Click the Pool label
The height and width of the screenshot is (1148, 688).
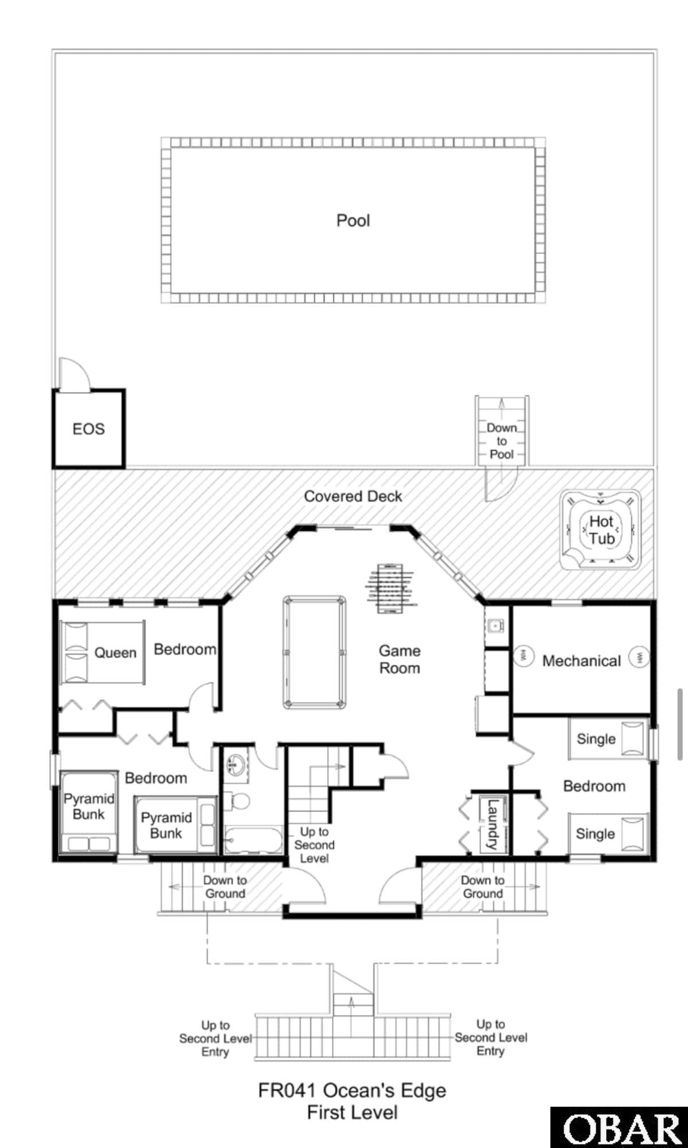[353, 221]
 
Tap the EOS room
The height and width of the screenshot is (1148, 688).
[89, 429]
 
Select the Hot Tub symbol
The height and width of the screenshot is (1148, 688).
[601, 530]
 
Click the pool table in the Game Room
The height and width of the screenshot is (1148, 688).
[315, 652]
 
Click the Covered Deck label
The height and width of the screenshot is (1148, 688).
[353, 496]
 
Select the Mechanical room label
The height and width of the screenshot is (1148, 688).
[581, 661]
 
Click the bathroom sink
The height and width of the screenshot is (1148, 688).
[236, 764]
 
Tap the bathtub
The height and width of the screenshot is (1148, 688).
[253, 840]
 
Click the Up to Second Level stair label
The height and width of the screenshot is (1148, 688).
[314, 845]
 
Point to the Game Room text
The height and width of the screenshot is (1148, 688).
[400, 659]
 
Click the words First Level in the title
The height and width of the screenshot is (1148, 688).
[352, 1112]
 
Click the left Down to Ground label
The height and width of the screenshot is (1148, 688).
[225, 887]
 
